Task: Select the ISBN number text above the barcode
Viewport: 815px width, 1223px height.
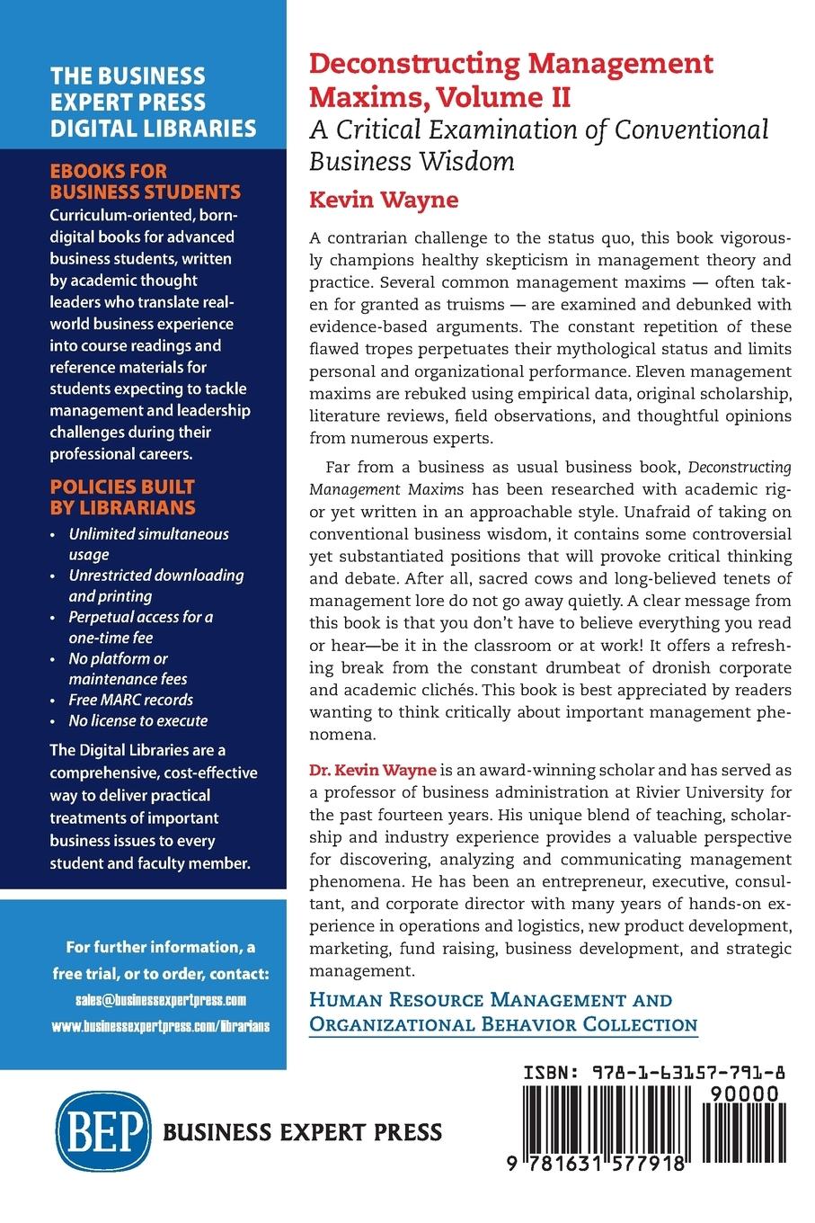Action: pos(655,1073)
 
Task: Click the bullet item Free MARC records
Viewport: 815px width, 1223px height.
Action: pos(131,700)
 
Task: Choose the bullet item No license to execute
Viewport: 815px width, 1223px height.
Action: pos(138,720)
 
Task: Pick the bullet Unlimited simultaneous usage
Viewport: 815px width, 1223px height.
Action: pos(148,544)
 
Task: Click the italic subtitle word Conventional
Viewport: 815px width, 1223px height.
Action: pos(691,129)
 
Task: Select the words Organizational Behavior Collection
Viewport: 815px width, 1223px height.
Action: pos(503,1024)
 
